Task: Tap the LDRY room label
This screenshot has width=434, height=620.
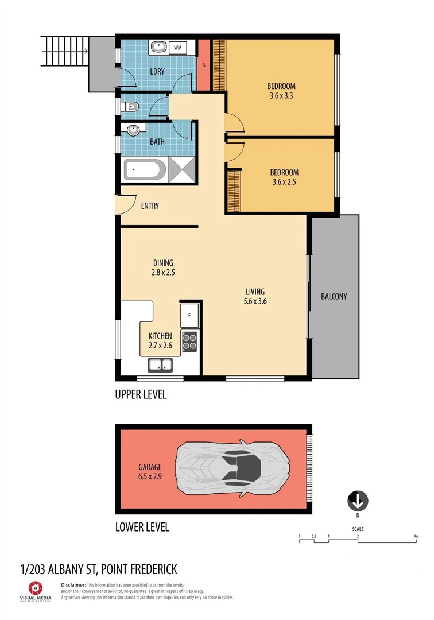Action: pos(158,72)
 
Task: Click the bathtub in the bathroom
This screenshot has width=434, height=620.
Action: pos(145,170)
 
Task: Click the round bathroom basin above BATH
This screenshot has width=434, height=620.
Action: pos(133,130)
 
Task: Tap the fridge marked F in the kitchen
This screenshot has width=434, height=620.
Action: pos(189,315)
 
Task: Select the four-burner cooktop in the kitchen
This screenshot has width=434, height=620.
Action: pos(189,342)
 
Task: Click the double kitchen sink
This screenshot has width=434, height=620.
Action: pos(160,365)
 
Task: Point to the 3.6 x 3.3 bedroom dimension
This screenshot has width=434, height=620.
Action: pos(281,96)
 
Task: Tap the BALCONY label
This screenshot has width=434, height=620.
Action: pos(334,297)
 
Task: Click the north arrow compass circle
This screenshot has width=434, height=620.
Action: pos(357,501)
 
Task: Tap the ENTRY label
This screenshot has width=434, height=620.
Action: pos(150,206)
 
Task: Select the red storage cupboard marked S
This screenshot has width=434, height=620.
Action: pos(204,64)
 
